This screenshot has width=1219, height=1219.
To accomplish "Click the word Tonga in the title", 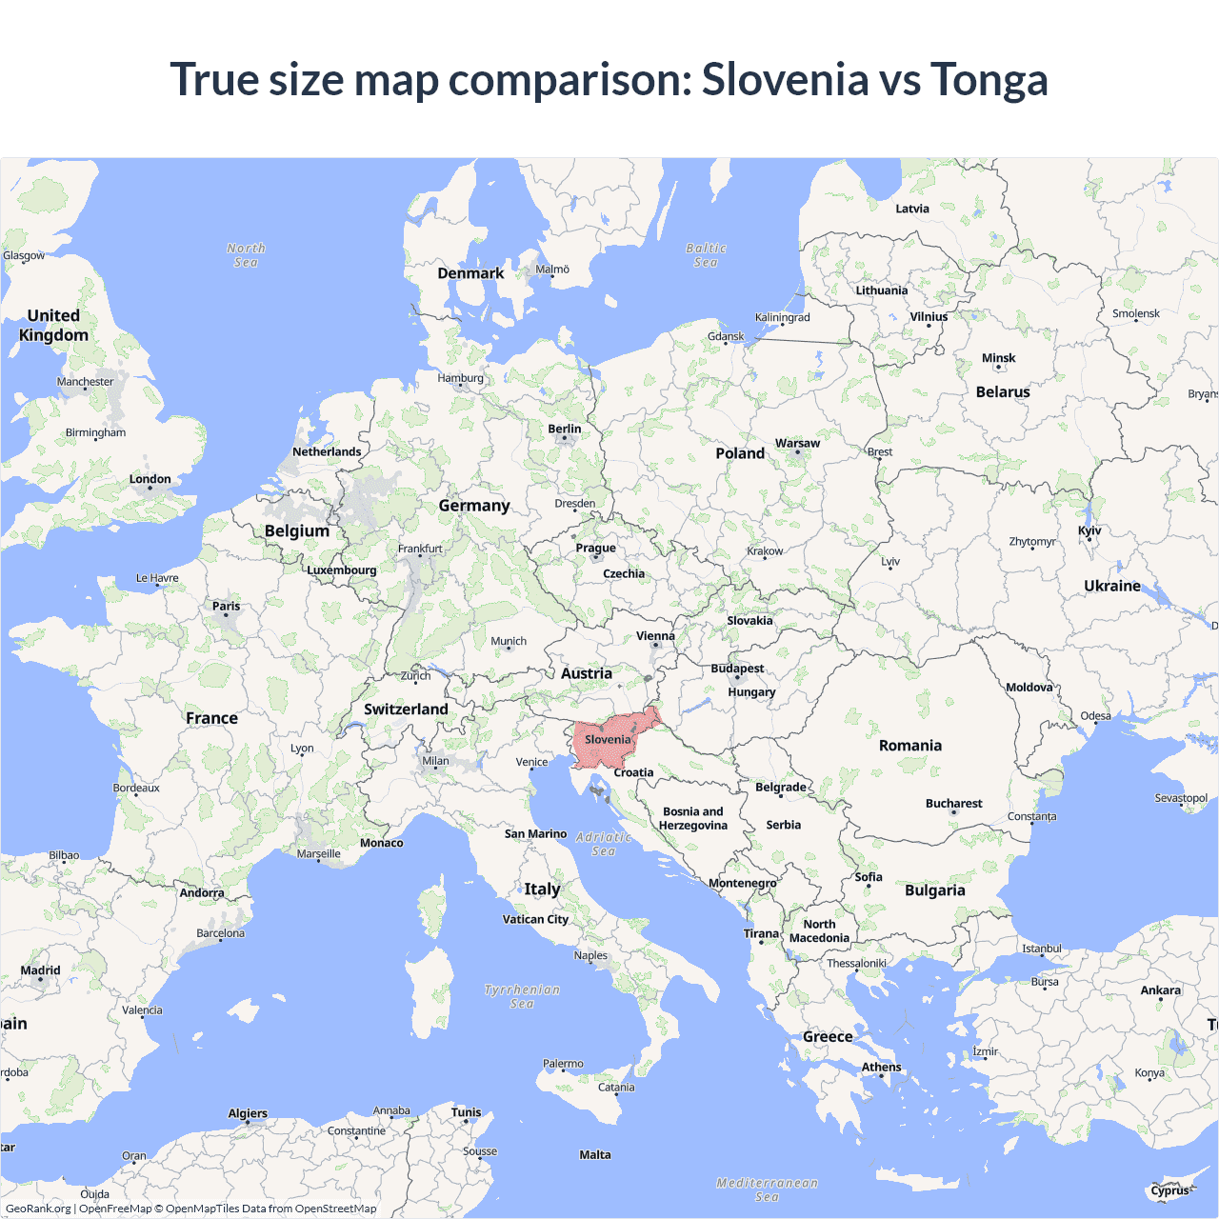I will [x=989, y=80].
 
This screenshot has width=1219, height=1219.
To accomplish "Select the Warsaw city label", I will [x=797, y=443].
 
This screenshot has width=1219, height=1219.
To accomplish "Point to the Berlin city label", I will [x=565, y=429].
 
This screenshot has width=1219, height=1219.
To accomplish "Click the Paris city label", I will [x=227, y=606].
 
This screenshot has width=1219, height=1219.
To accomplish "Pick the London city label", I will [x=150, y=479].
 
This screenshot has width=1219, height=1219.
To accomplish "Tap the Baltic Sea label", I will [x=706, y=255].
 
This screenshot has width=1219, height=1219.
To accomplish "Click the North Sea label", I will [x=246, y=255].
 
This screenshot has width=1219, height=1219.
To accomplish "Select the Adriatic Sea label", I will [x=604, y=844].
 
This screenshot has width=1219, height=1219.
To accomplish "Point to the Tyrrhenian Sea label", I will [x=522, y=996].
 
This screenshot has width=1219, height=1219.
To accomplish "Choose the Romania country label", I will [x=910, y=746].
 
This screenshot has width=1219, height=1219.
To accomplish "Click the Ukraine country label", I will [x=1112, y=586].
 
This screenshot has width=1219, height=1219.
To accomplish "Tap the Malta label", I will [x=595, y=1154].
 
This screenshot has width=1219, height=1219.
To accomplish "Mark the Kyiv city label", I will [x=1089, y=530].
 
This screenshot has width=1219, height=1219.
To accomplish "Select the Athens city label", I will [x=881, y=1067].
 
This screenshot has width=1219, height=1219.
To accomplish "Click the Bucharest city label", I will [x=953, y=803].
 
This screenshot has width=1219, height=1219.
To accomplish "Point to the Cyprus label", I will [x=1169, y=1190].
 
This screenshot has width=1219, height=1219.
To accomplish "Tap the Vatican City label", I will [x=535, y=919].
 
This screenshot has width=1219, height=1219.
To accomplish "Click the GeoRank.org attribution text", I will [x=38, y=1209].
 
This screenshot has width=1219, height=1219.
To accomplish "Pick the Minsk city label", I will [x=999, y=358].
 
